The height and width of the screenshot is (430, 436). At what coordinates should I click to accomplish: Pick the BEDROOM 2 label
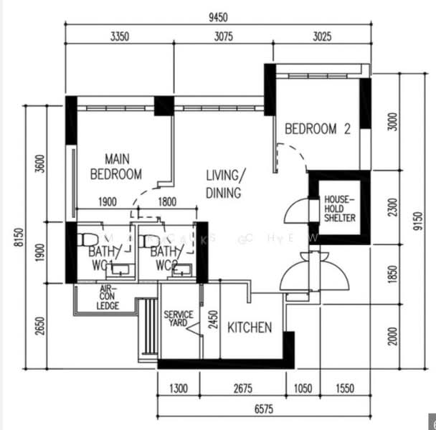pos(318,129)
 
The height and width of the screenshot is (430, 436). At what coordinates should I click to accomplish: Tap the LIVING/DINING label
pos(224,184)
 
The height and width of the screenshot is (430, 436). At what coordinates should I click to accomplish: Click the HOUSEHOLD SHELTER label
pos(339,208)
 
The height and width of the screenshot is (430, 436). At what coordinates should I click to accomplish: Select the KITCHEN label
pos(250,328)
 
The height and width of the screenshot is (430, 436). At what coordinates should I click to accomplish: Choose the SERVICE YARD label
pos(176,319)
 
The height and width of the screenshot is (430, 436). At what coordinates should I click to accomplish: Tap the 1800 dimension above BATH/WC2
pos(166,202)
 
